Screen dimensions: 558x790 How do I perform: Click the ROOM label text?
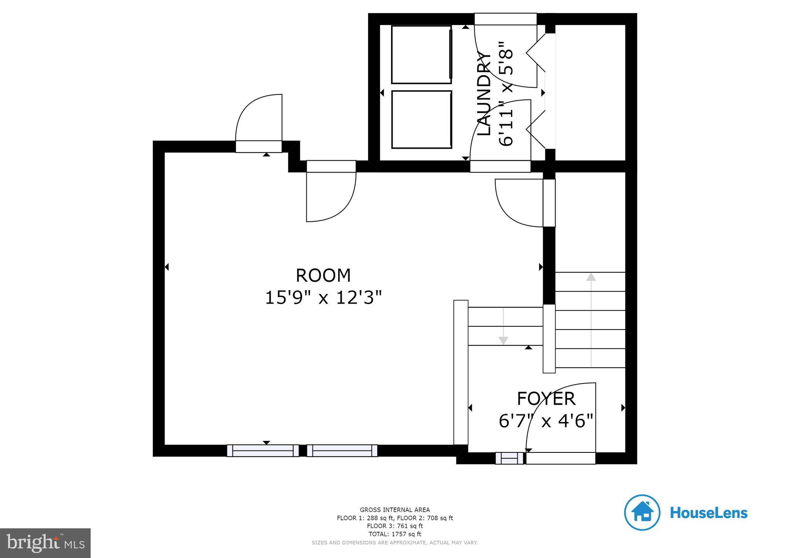tap(323, 276)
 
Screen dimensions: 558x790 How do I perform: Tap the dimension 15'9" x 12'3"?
tap(323, 298)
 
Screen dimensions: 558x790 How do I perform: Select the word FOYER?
tap(546, 399)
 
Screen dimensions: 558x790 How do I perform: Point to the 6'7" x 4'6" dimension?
tap(546, 421)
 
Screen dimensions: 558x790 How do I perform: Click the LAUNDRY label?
tap(484, 94)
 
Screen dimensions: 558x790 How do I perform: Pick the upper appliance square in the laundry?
tap(421, 54)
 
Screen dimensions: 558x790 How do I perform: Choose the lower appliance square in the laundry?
tap(421, 119)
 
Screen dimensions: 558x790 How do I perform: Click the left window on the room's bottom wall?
tap(263, 450)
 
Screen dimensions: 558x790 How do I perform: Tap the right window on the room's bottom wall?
tap(342, 450)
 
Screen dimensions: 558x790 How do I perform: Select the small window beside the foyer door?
tap(510, 458)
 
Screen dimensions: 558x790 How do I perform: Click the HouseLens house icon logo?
tap(642, 513)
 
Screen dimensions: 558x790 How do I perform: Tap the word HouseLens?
tap(709, 513)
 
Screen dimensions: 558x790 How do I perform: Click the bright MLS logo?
tap(45, 543)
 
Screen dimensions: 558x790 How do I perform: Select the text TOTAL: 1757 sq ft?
tap(395, 534)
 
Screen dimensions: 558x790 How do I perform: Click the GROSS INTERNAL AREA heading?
tap(395, 510)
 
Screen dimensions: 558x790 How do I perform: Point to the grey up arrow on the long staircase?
tap(591, 276)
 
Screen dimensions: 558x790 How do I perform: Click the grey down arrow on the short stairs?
tap(503, 340)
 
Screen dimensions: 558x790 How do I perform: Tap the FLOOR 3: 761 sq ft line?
tap(395, 526)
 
